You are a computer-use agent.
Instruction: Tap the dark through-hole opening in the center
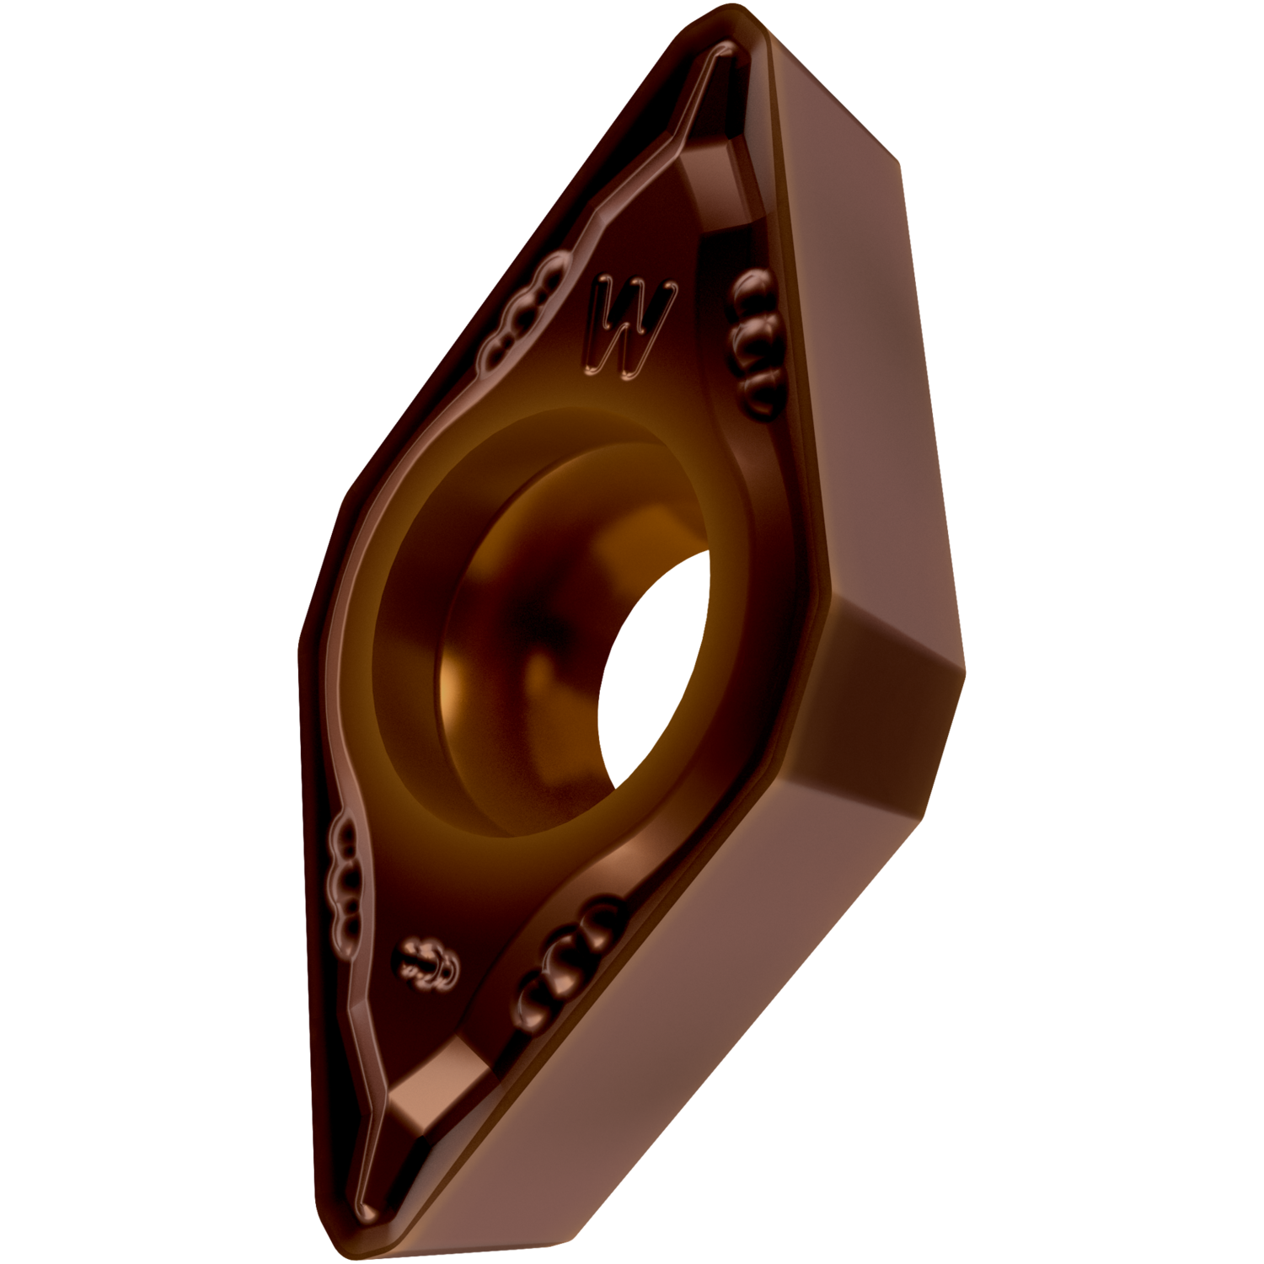(653, 666)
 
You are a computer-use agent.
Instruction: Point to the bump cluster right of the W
(754, 341)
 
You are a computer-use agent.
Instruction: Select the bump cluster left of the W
(522, 312)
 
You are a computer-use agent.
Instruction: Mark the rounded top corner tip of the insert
(742, 25)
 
